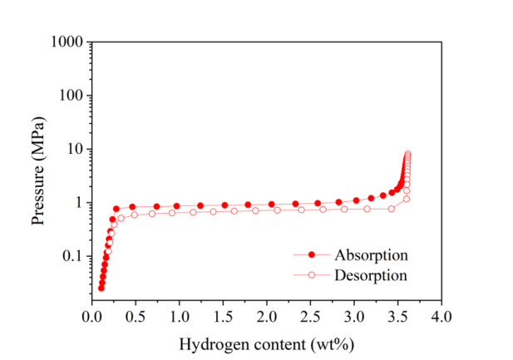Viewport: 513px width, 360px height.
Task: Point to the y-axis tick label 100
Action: tap(71, 96)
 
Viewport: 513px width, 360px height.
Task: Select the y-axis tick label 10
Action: tap(74, 150)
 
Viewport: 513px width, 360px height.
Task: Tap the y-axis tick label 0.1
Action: tap(72, 257)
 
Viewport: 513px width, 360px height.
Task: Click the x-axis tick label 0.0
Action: tap(91, 317)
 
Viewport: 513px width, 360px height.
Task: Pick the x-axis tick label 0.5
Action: tap(136, 317)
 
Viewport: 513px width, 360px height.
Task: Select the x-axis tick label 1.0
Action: tap(179, 317)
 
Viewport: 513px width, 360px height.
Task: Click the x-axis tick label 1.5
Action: tap(223, 317)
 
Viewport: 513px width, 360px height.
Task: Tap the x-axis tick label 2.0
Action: tap(266, 317)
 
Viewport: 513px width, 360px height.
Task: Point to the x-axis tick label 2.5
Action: tap(310, 317)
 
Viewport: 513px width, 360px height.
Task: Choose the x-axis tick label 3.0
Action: tap(354, 317)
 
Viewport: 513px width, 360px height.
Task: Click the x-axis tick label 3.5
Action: tap(397, 317)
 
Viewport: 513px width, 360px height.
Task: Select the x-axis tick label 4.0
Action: tap(441, 317)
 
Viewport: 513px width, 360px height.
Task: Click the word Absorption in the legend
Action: tap(371, 254)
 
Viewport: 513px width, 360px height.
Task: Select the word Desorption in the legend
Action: tap(371, 274)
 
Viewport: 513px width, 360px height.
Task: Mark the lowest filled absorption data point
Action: tap(101, 288)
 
